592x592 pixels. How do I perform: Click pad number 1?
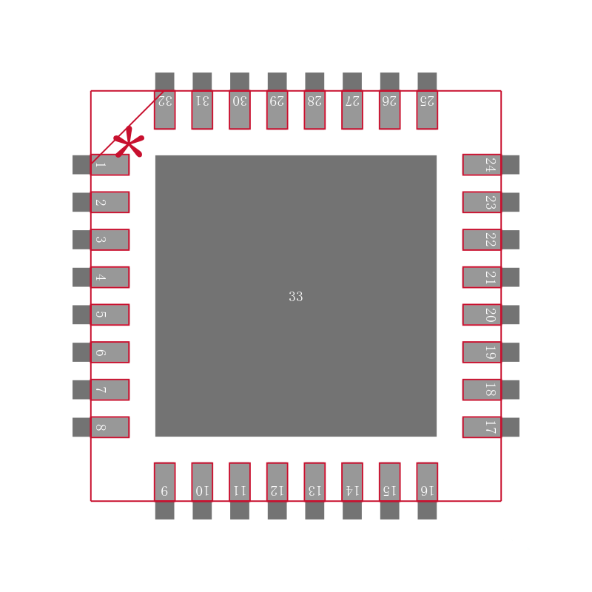[101, 164]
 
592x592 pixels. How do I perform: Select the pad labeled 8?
[101, 427]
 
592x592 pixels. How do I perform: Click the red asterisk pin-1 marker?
[129, 143]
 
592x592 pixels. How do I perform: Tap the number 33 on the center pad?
[295, 297]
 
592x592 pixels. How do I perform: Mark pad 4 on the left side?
[101, 277]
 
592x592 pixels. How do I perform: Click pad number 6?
[101, 352]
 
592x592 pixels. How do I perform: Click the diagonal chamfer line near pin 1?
[127, 127]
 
